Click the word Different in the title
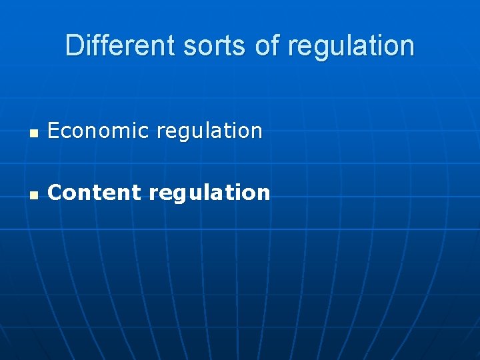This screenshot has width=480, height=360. (109, 46)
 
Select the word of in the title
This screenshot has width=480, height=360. (262, 46)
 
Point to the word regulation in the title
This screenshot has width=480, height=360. (351, 46)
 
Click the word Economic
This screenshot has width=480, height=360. (99, 131)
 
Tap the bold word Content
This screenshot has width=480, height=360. (95, 193)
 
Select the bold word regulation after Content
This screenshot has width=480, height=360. (209, 193)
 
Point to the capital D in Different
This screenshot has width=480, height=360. (74, 46)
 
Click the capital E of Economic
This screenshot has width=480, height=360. (54, 131)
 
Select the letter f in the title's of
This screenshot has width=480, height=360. (270, 46)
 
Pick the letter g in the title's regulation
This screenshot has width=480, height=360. (321, 48)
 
